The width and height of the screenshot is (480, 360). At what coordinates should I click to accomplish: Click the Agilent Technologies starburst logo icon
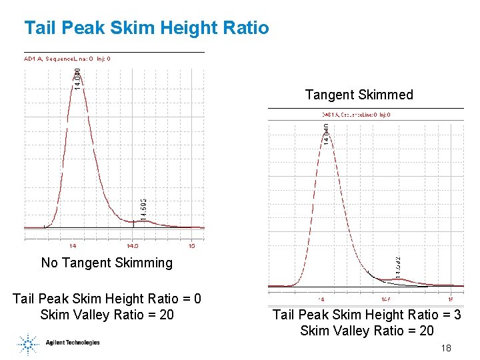pyautogui.click(x=29, y=343)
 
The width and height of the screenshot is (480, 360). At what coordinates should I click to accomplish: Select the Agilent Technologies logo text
pyautogui.click(x=73, y=343)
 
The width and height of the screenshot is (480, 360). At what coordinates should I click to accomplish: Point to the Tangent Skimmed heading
pyautogui.click(x=359, y=95)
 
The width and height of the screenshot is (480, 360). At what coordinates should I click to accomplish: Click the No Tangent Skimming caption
pyautogui.click(x=107, y=263)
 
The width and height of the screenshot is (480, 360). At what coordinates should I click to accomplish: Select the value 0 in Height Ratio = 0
pyautogui.click(x=197, y=299)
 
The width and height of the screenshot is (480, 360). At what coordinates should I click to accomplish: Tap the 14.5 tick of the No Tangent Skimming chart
pyautogui.click(x=132, y=245)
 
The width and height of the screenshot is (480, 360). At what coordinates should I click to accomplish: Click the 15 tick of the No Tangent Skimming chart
pyautogui.click(x=191, y=245)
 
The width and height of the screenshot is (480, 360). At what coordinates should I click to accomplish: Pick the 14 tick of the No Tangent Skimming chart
pyautogui.click(x=73, y=245)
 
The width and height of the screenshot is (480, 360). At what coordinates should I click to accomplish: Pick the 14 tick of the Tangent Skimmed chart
pyautogui.click(x=321, y=299)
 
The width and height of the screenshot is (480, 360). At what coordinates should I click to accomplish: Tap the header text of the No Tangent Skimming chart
pyautogui.click(x=67, y=59)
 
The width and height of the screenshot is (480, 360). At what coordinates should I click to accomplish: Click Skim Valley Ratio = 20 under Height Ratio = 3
pyautogui.click(x=367, y=331)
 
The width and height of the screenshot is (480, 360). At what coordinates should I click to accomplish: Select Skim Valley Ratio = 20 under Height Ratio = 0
pyautogui.click(x=107, y=315)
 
